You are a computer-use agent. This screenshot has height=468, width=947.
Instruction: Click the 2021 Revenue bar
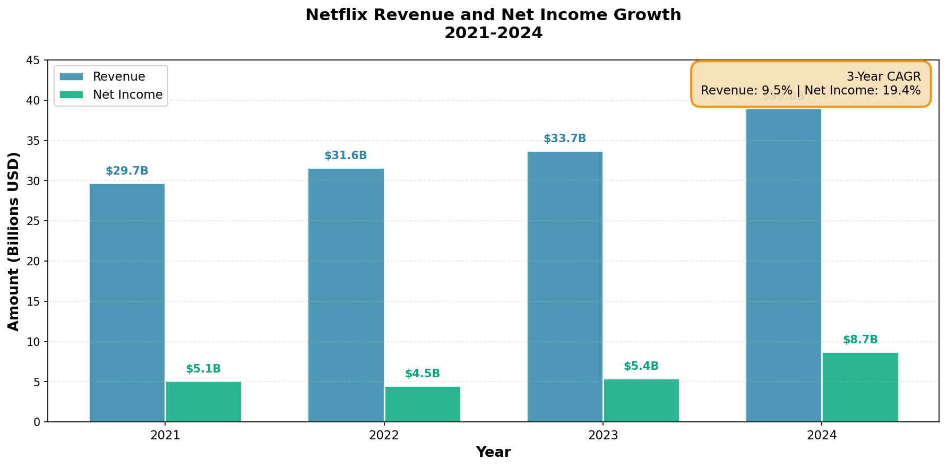[x=127, y=302]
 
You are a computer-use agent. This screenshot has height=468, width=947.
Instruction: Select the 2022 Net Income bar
[x=423, y=404]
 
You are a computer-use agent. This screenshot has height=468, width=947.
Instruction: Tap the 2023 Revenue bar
[x=565, y=287]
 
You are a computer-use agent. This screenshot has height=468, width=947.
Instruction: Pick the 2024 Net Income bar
[x=860, y=387]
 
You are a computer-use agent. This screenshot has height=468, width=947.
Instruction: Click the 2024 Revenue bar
[x=784, y=265]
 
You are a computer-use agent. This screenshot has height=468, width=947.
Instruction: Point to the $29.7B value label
[x=127, y=171]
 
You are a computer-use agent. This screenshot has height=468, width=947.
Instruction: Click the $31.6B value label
[x=346, y=156]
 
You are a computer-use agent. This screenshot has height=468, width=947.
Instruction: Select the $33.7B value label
[x=565, y=139]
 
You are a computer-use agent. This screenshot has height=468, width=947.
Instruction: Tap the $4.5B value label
[x=423, y=374]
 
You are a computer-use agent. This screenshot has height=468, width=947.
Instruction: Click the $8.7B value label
[x=860, y=340]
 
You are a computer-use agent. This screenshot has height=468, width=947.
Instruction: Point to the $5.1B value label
[x=203, y=369]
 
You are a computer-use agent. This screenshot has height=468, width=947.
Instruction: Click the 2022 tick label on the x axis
[x=384, y=436]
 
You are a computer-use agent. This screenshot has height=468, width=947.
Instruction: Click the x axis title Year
[x=493, y=453]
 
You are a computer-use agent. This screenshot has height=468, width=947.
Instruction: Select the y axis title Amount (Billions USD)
[x=14, y=241]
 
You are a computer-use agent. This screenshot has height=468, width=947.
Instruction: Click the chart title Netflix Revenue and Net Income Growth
[x=493, y=15]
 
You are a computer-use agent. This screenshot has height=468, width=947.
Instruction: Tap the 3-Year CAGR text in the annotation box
[x=883, y=77]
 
